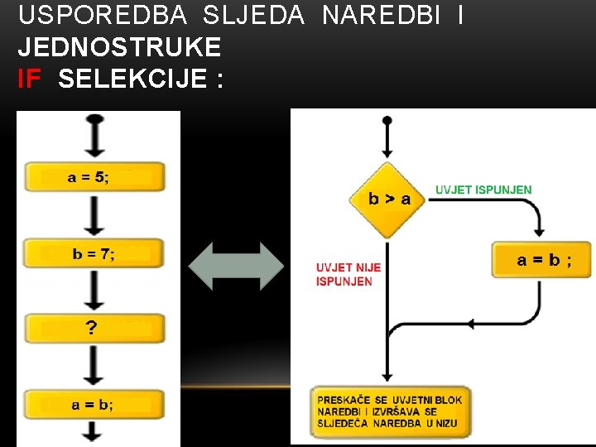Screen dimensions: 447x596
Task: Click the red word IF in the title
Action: [x=29, y=79]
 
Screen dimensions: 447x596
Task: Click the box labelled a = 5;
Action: [x=94, y=177]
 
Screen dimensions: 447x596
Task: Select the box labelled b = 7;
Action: [x=94, y=254]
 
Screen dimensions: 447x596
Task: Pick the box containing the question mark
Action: [x=94, y=329]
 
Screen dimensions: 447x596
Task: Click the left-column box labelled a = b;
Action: [x=94, y=405]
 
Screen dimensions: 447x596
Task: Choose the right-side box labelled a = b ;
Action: [x=543, y=260]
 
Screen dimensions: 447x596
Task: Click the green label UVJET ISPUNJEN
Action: [x=483, y=190]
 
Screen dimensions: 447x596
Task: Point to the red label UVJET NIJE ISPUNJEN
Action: [x=348, y=274]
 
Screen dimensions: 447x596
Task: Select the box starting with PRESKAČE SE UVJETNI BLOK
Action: [x=389, y=411]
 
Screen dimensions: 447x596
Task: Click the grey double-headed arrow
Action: [x=236, y=266]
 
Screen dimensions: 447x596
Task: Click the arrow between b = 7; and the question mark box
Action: [x=95, y=291]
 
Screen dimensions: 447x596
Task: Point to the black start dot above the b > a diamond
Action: [x=387, y=121]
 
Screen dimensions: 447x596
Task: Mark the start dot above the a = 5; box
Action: [x=95, y=119]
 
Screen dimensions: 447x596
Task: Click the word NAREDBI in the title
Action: [x=381, y=15]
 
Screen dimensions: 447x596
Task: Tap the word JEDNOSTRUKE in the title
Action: [x=119, y=47]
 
